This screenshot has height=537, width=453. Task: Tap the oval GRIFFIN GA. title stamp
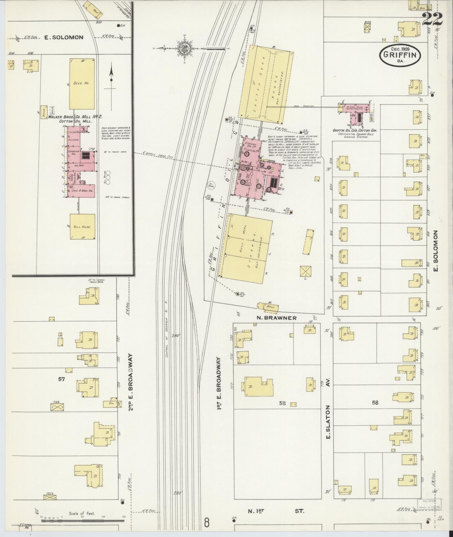[400, 56]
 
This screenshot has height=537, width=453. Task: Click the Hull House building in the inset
[82, 227]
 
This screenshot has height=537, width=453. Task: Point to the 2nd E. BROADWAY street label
[131, 380]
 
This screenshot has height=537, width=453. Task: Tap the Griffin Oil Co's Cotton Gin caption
[355, 130]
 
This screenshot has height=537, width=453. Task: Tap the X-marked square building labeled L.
[306, 271]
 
